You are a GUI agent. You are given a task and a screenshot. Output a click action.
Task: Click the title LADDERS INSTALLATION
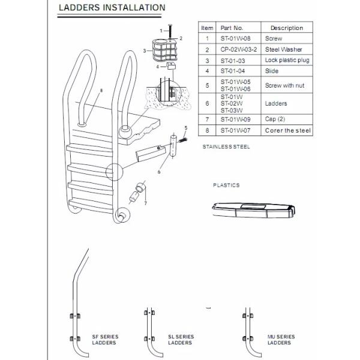pyautogui.click(x=112, y=8)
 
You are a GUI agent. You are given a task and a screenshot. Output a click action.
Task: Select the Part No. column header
pyautogui.click(x=232, y=28)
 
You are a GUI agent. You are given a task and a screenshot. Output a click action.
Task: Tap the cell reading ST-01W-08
pyautogui.click(x=235, y=38)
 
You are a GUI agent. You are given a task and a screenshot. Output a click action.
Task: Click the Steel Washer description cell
pyautogui.click(x=284, y=49)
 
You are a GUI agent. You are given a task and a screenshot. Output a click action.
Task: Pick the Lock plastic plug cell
pyautogui.click(x=287, y=60)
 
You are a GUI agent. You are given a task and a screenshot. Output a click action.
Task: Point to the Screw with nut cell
pyautogui.click(x=284, y=85)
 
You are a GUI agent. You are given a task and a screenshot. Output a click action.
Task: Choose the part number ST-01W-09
pyautogui.click(x=235, y=119)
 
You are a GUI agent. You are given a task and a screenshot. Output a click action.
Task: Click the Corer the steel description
pyautogui.click(x=288, y=130)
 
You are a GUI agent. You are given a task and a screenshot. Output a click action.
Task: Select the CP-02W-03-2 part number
pyautogui.click(x=239, y=49)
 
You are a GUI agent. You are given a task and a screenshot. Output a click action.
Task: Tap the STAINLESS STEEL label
pyautogui.click(x=226, y=147)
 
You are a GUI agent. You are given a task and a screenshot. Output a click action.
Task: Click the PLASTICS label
pyautogui.click(x=226, y=185)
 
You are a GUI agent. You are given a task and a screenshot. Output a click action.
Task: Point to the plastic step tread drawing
pyautogui.click(x=253, y=210)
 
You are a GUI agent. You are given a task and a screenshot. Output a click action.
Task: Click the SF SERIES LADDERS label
pyautogui.click(x=106, y=340)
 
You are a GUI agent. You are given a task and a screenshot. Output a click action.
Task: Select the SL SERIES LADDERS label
pyautogui.click(x=181, y=340)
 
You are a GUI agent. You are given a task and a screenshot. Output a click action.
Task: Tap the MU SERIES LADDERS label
pyautogui.click(x=281, y=340)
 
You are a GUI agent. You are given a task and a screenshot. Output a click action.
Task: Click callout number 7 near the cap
pyautogui.click(x=145, y=203)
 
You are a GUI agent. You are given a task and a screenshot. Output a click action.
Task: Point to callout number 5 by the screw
pyautogui.click(x=186, y=128)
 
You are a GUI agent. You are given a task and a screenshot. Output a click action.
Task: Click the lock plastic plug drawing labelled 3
pyautogui.click(x=165, y=50)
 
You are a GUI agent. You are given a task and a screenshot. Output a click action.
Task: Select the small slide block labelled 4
pyautogui.click(x=171, y=65)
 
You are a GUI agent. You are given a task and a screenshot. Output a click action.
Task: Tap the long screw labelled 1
pyautogui.click(x=170, y=31)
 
